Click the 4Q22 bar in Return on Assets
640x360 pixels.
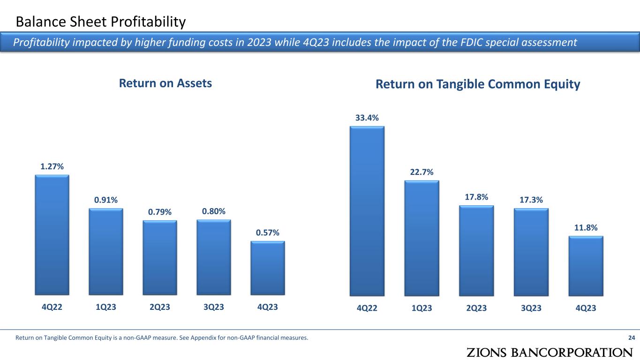(x=52, y=234)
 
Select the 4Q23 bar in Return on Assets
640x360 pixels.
(x=268, y=268)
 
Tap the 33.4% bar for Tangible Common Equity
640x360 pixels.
(x=367, y=211)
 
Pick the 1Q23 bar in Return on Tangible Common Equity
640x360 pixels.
(x=422, y=238)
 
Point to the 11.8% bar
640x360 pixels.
(x=586, y=266)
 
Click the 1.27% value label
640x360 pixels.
(x=52, y=166)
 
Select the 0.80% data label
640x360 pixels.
(x=214, y=211)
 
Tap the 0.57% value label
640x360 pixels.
(x=268, y=232)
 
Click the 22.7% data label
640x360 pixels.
(x=422, y=172)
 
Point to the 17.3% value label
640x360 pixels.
(x=531, y=200)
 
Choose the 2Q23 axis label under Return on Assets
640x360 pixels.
(x=160, y=307)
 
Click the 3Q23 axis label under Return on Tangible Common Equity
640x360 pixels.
(x=531, y=308)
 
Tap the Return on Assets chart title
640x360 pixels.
(x=166, y=83)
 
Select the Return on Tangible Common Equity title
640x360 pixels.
(x=478, y=84)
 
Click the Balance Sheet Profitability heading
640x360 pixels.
(x=101, y=22)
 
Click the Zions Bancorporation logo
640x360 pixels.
(x=549, y=352)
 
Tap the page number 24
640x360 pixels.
(x=631, y=338)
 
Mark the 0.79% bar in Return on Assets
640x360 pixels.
(x=160, y=257)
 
